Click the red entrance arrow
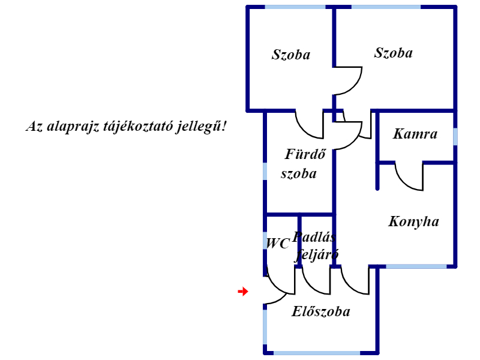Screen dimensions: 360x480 tap(243, 292)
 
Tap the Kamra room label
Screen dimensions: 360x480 tap(415, 134)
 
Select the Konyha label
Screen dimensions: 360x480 tap(413, 222)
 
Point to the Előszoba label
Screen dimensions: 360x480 tap(321, 312)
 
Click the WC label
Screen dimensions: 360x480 tap(278, 244)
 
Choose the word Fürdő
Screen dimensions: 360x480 tap(305, 154)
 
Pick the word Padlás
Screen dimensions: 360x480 tap(314, 236)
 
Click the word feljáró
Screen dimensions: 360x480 tap(317, 254)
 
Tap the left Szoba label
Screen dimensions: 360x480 tap(291, 55)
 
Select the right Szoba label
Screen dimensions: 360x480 tap(394, 53)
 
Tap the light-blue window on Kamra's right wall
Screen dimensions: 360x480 tap(455, 136)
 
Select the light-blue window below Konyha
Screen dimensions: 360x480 tap(416, 266)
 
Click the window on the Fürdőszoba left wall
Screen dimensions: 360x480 tap(265, 171)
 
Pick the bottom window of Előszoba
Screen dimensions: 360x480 tap(316, 352)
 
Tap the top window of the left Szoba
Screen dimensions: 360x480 tap(295, 7)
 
